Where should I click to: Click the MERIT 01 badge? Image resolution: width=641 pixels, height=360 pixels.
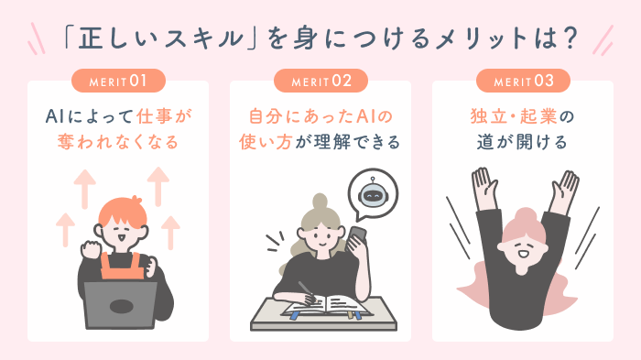118,81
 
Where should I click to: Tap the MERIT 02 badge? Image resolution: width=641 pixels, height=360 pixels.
320,81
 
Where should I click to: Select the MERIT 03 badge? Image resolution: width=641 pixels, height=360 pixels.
523,81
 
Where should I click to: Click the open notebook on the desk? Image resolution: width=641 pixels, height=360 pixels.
325,307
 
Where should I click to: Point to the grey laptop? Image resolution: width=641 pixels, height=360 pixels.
120,305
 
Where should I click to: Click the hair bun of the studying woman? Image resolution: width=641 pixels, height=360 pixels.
320,203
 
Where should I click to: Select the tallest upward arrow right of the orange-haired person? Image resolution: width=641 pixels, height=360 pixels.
158,186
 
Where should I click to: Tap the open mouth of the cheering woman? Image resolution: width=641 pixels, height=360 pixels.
523,254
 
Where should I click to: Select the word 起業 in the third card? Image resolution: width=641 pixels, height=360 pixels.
538,116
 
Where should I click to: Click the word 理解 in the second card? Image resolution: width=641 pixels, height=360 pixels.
331,142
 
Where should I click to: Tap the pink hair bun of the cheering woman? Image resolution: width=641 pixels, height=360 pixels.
525,217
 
